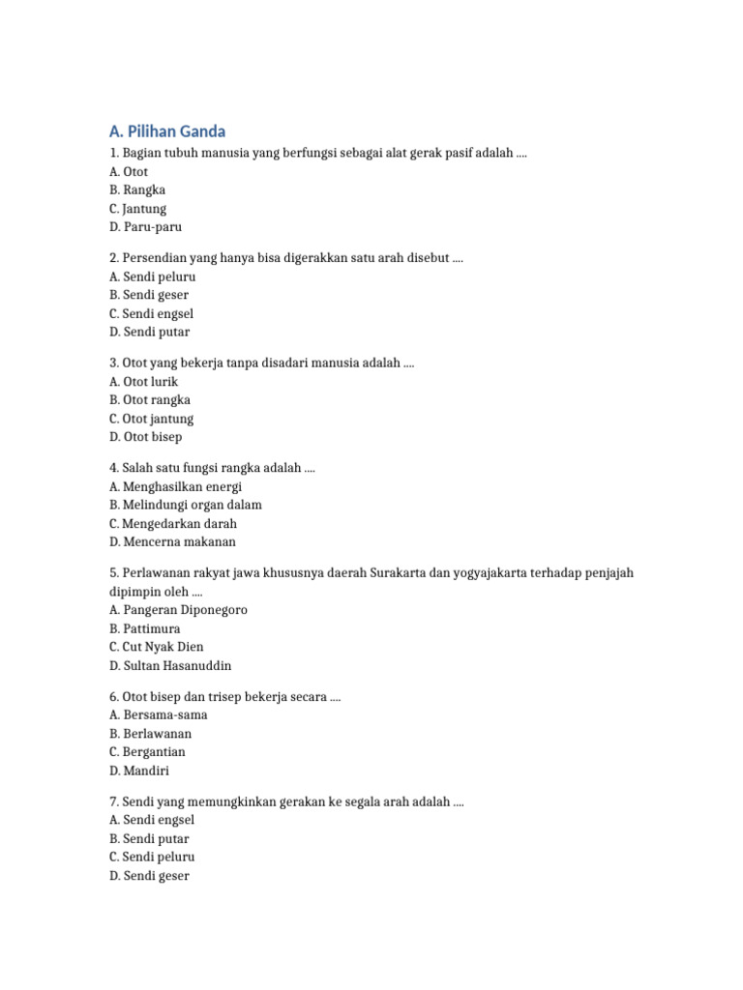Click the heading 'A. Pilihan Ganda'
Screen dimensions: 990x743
coord(167,131)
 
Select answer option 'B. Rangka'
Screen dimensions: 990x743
coord(137,190)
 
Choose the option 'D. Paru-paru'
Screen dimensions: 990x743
coord(145,227)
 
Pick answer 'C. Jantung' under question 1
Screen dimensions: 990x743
coord(138,209)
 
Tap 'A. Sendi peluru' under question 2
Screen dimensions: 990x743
coord(153,277)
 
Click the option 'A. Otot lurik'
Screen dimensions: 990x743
coord(144,382)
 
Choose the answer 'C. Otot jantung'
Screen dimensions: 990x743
coord(152,419)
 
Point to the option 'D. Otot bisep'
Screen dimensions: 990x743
coord(146,437)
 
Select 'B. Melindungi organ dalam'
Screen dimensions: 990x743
coord(186,505)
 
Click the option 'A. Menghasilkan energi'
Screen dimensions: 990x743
coord(176,486)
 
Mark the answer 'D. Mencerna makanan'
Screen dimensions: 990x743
coord(173,541)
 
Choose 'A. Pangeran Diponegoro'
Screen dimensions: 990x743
coord(179,610)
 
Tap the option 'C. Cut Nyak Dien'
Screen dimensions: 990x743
coord(157,647)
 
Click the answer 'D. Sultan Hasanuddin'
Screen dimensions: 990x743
coord(170,665)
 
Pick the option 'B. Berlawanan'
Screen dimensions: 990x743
coord(151,734)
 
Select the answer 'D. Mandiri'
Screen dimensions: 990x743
coord(140,771)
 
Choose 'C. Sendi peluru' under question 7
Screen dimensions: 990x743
coord(152,857)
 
